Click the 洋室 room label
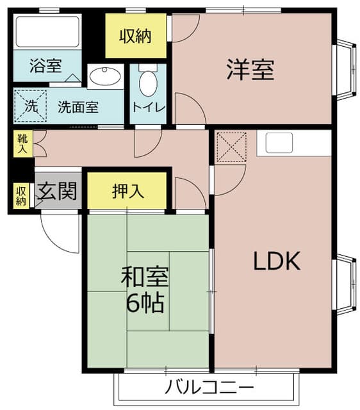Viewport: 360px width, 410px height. click(x=250, y=70)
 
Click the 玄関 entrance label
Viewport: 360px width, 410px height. click(x=57, y=190)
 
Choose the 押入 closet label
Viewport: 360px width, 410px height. click(x=128, y=190)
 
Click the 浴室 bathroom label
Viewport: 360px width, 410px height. click(x=46, y=66)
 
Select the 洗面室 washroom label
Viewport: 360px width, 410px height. click(x=78, y=107)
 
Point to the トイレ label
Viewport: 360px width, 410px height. click(x=149, y=107)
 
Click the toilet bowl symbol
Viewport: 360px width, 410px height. click(x=148, y=81)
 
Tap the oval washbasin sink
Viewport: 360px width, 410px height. click(x=105, y=77)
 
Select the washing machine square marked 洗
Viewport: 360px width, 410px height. click(x=31, y=106)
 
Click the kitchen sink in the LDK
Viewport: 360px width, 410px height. click(x=279, y=143)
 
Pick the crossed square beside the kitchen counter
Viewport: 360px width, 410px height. click(x=231, y=147)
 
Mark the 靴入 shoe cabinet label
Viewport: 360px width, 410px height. click(x=22, y=143)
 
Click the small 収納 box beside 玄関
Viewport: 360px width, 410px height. click(x=22, y=195)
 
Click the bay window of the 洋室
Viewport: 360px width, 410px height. click(x=345, y=70)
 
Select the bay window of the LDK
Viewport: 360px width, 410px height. click(x=345, y=284)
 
